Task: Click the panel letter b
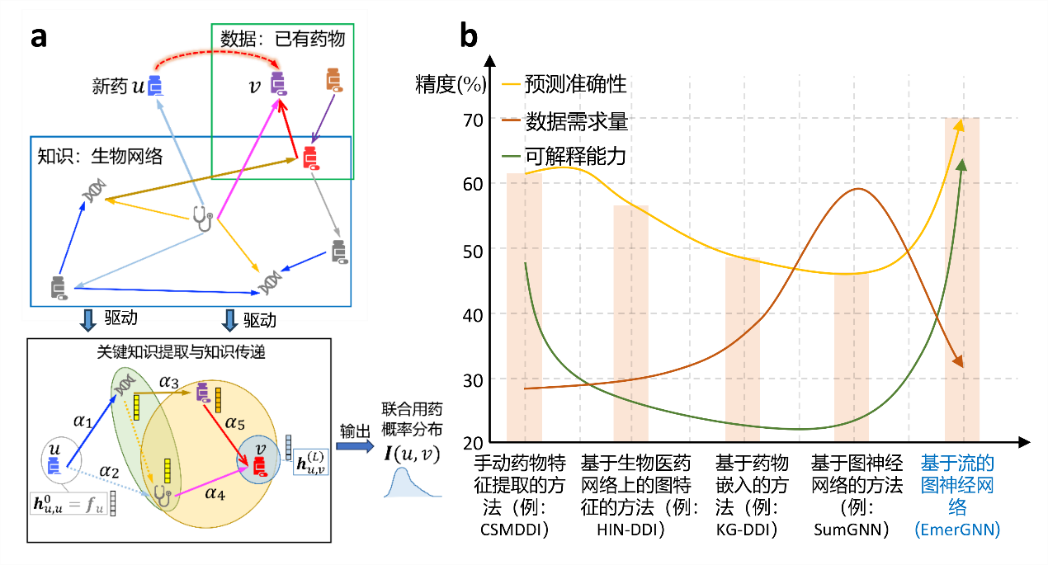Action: click(x=469, y=36)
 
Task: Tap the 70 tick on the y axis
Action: click(x=471, y=118)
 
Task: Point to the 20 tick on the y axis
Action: click(x=471, y=444)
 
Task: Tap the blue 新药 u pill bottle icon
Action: click(x=155, y=87)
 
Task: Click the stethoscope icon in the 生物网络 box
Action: click(x=202, y=218)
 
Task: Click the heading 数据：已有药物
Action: click(x=281, y=38)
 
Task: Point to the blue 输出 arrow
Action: click(x=355, y=446)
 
